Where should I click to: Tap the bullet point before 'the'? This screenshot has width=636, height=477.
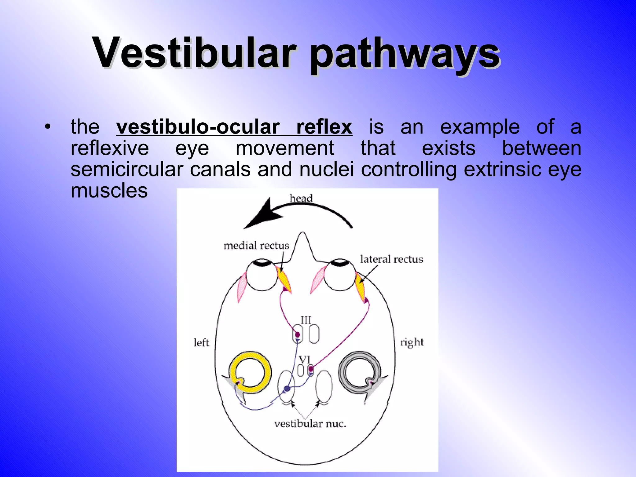[x=47, y=127]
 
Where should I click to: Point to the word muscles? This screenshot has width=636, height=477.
[x=109, y=190]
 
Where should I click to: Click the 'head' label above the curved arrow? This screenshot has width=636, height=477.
[x=301, y=198]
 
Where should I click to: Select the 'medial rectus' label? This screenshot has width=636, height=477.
[x=256, y=246]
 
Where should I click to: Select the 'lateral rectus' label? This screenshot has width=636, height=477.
[x=391, y=259]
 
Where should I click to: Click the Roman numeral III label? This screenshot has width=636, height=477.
[x=306, y=320]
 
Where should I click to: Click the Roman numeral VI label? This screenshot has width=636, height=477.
[x=304, y=360]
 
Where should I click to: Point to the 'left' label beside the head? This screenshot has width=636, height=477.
[x=201, y=343]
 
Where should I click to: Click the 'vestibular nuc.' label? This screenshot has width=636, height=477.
[x=310, y=424]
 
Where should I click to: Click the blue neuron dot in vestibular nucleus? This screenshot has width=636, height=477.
[x=287, y=388]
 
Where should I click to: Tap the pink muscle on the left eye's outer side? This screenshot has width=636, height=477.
[x=242, y=286]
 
